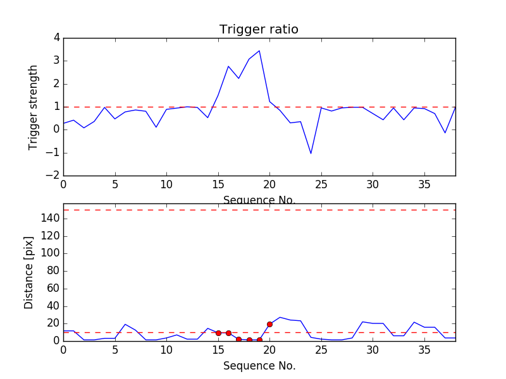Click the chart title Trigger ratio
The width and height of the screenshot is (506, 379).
[x=259, y=30]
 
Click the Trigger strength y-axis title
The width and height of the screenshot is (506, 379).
[x=34, y=107]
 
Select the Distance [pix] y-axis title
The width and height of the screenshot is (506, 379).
[x=29, y=272]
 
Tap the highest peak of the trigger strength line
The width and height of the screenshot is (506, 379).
[x=259, y=51]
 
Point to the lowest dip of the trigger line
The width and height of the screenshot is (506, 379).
[x=311, y=153]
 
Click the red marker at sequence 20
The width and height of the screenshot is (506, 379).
[x=269, y=324]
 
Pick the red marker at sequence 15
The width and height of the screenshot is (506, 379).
[x=218, y=333]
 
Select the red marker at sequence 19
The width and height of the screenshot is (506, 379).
[x=259, y=340]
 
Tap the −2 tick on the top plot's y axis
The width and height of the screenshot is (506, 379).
[x=53, y=176]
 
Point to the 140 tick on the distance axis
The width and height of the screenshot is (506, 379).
[x=51, y=219]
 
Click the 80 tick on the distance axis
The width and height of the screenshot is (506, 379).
[x=53, y=271]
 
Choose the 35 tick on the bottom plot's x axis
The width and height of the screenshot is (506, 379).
[x=424, y=349]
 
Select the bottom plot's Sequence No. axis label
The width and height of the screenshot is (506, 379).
[x=259, y=366]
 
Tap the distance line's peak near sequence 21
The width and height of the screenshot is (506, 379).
[x=280, y=317]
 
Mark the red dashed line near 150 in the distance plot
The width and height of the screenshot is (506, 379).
[x=259, y=210]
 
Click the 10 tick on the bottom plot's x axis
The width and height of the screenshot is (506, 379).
[x=166, y=349]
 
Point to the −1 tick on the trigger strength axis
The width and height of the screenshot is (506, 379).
[x=53, y=153]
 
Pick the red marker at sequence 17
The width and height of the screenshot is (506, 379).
[x=238, y=339]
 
